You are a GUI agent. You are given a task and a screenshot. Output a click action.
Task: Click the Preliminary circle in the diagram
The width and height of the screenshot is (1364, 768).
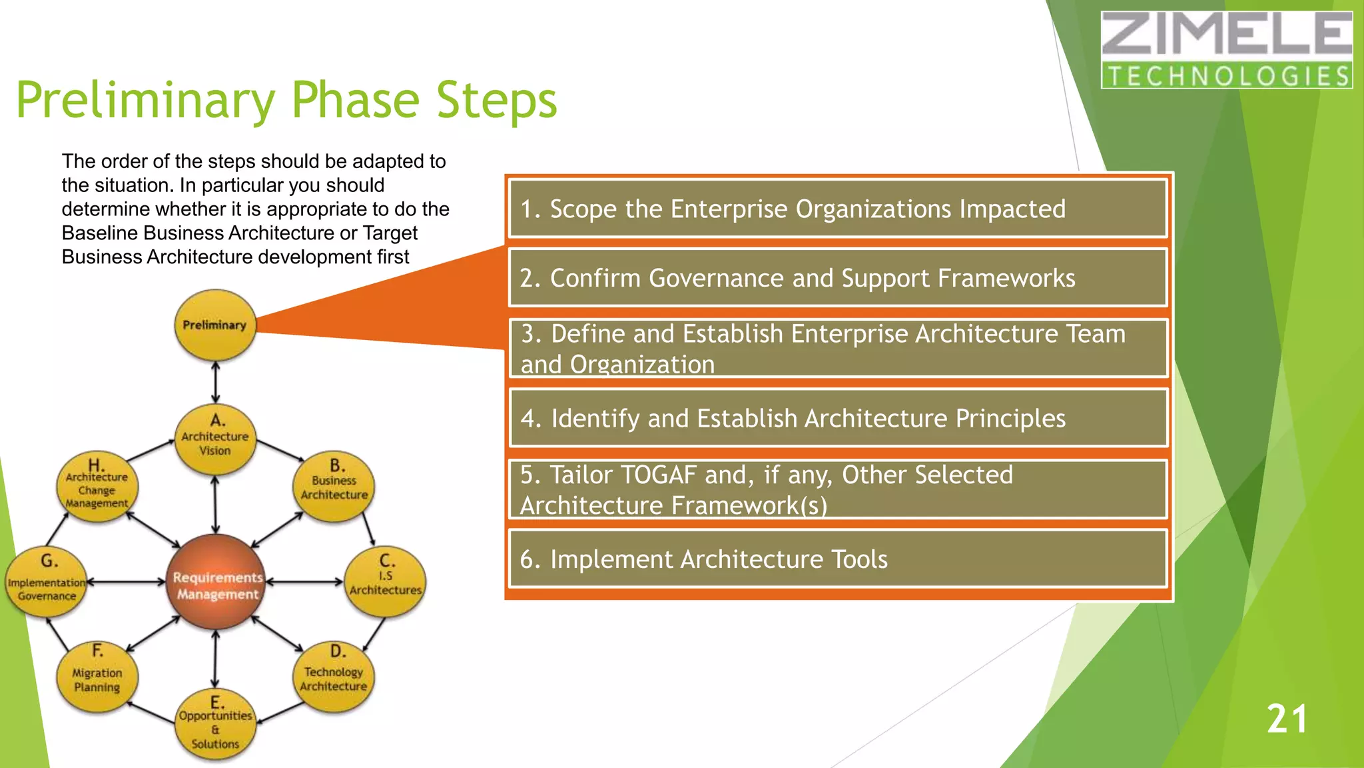tap(214, 325)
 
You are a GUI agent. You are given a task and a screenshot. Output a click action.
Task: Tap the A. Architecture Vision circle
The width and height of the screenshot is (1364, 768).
tap(215, 438)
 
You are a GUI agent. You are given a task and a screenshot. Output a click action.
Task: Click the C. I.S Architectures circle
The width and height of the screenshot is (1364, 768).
tap(385, 580)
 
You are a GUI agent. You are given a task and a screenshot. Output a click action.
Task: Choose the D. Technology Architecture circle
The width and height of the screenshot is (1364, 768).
tap(333, 675)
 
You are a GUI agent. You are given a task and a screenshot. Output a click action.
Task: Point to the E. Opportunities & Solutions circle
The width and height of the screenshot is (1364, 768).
tap(215, 724)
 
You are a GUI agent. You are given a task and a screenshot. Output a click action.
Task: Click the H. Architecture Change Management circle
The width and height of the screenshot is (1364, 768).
tap(97, 486)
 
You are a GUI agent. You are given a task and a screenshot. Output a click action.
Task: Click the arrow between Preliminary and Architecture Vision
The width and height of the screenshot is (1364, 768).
tap(215, 382)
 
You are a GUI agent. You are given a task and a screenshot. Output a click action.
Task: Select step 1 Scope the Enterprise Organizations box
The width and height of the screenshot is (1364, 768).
tap(838, 209)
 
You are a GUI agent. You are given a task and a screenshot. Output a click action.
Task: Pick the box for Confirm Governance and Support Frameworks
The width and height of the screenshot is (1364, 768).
tap(838, 278)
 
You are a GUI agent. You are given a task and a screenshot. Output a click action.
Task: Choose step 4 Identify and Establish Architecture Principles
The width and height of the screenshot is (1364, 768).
tap(838, 418)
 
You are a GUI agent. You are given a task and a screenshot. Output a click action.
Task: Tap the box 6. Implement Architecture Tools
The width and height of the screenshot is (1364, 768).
tap(838, 559)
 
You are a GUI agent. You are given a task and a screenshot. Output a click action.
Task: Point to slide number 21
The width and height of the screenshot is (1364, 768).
tap(1286, 719)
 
